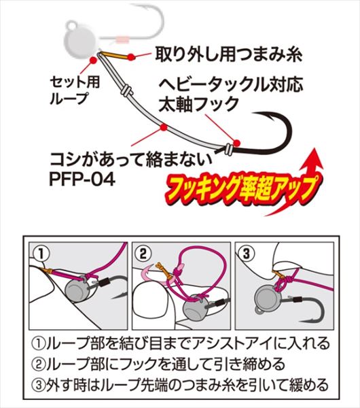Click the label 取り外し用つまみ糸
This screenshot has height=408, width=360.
tap(229, 54)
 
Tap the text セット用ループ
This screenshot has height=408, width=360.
tap(75, 90)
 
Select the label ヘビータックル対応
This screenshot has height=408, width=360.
tap(230, 85)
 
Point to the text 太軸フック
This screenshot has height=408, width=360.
tap(198, 104)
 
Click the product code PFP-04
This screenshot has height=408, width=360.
tap(82, 180)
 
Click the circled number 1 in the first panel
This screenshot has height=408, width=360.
tap(41, 254)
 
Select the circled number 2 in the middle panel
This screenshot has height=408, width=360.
tap(143, 254)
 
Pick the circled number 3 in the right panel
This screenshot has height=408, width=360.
tap(247, 254)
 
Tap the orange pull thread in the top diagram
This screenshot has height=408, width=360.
tap(114, 55)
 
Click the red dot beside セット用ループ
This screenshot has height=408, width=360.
tap(93, 61)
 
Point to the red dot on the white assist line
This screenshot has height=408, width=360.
tap(164, 128)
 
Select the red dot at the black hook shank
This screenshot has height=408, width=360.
tap(236, 143)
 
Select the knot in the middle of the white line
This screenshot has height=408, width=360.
tap(126, 90)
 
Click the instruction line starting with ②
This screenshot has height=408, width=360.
tap(158, 364)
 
